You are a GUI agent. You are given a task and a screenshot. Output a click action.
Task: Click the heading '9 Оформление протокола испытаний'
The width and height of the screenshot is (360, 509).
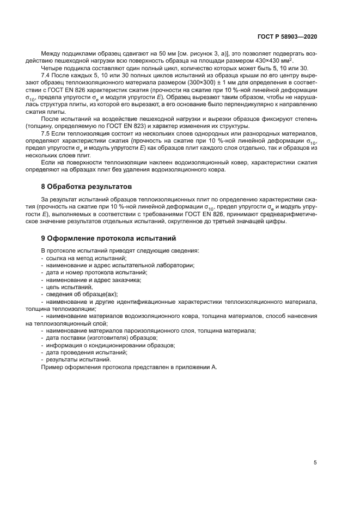pos(108,238)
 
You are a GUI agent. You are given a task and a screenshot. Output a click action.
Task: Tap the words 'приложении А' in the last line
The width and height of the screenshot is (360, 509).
pos(197,367)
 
